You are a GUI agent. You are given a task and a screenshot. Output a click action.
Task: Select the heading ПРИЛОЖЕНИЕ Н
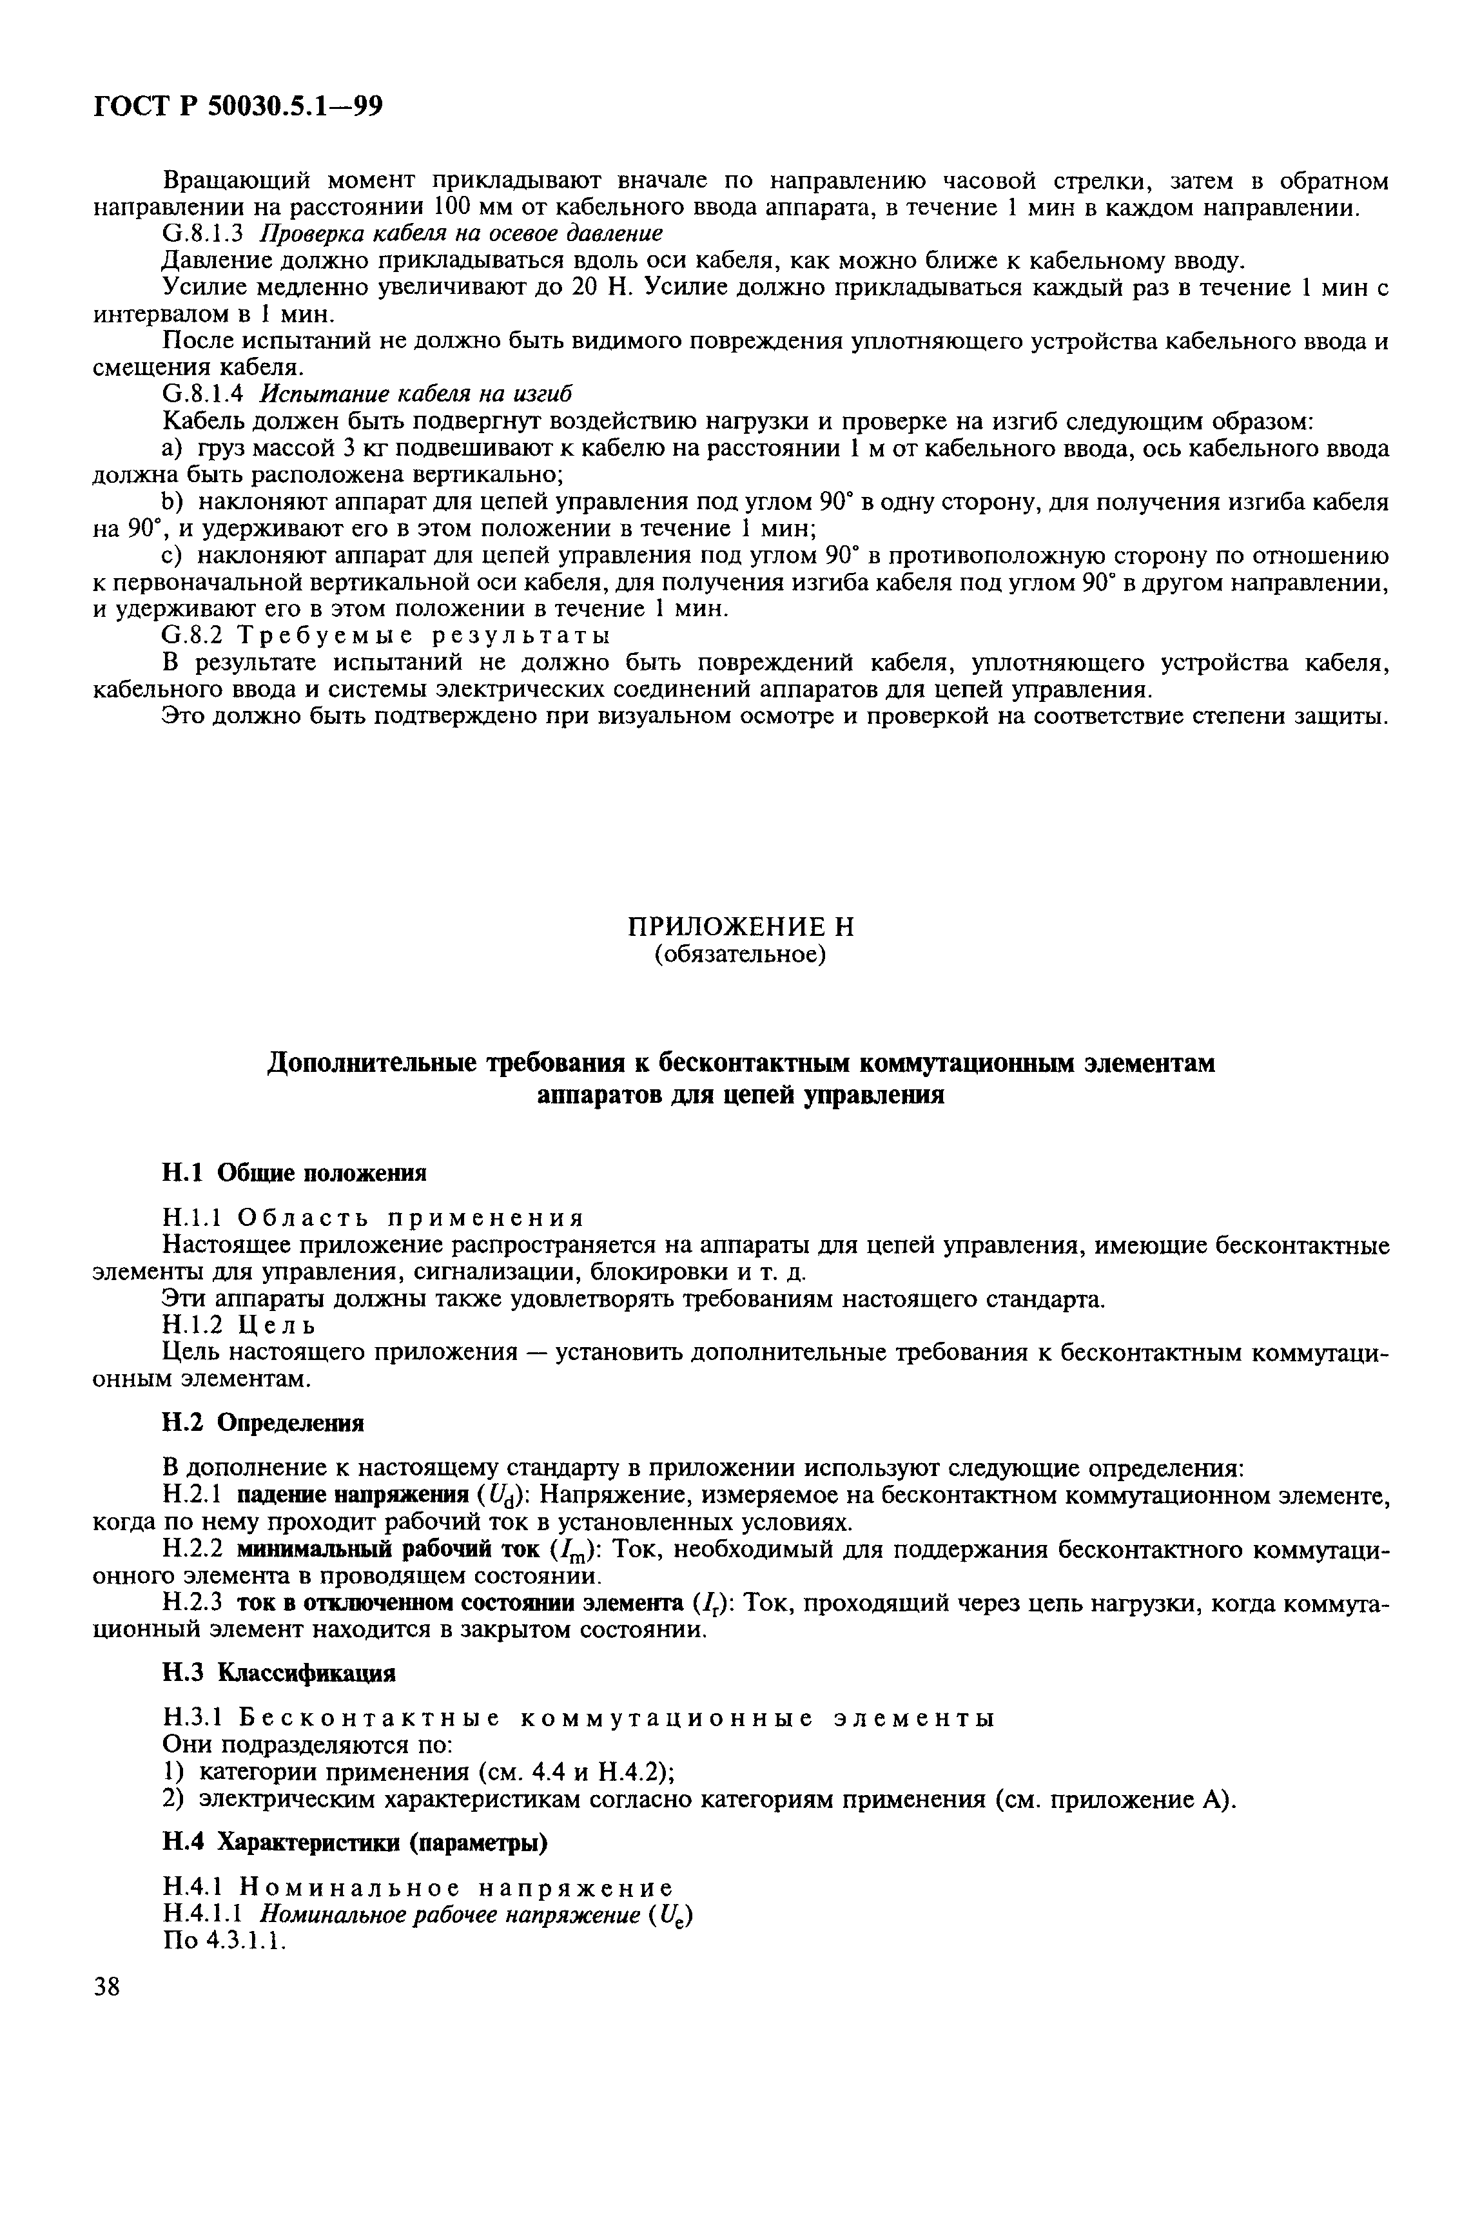[x=740, y=928]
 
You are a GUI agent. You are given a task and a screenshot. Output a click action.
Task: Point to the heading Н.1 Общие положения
[x=294, y=1172]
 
